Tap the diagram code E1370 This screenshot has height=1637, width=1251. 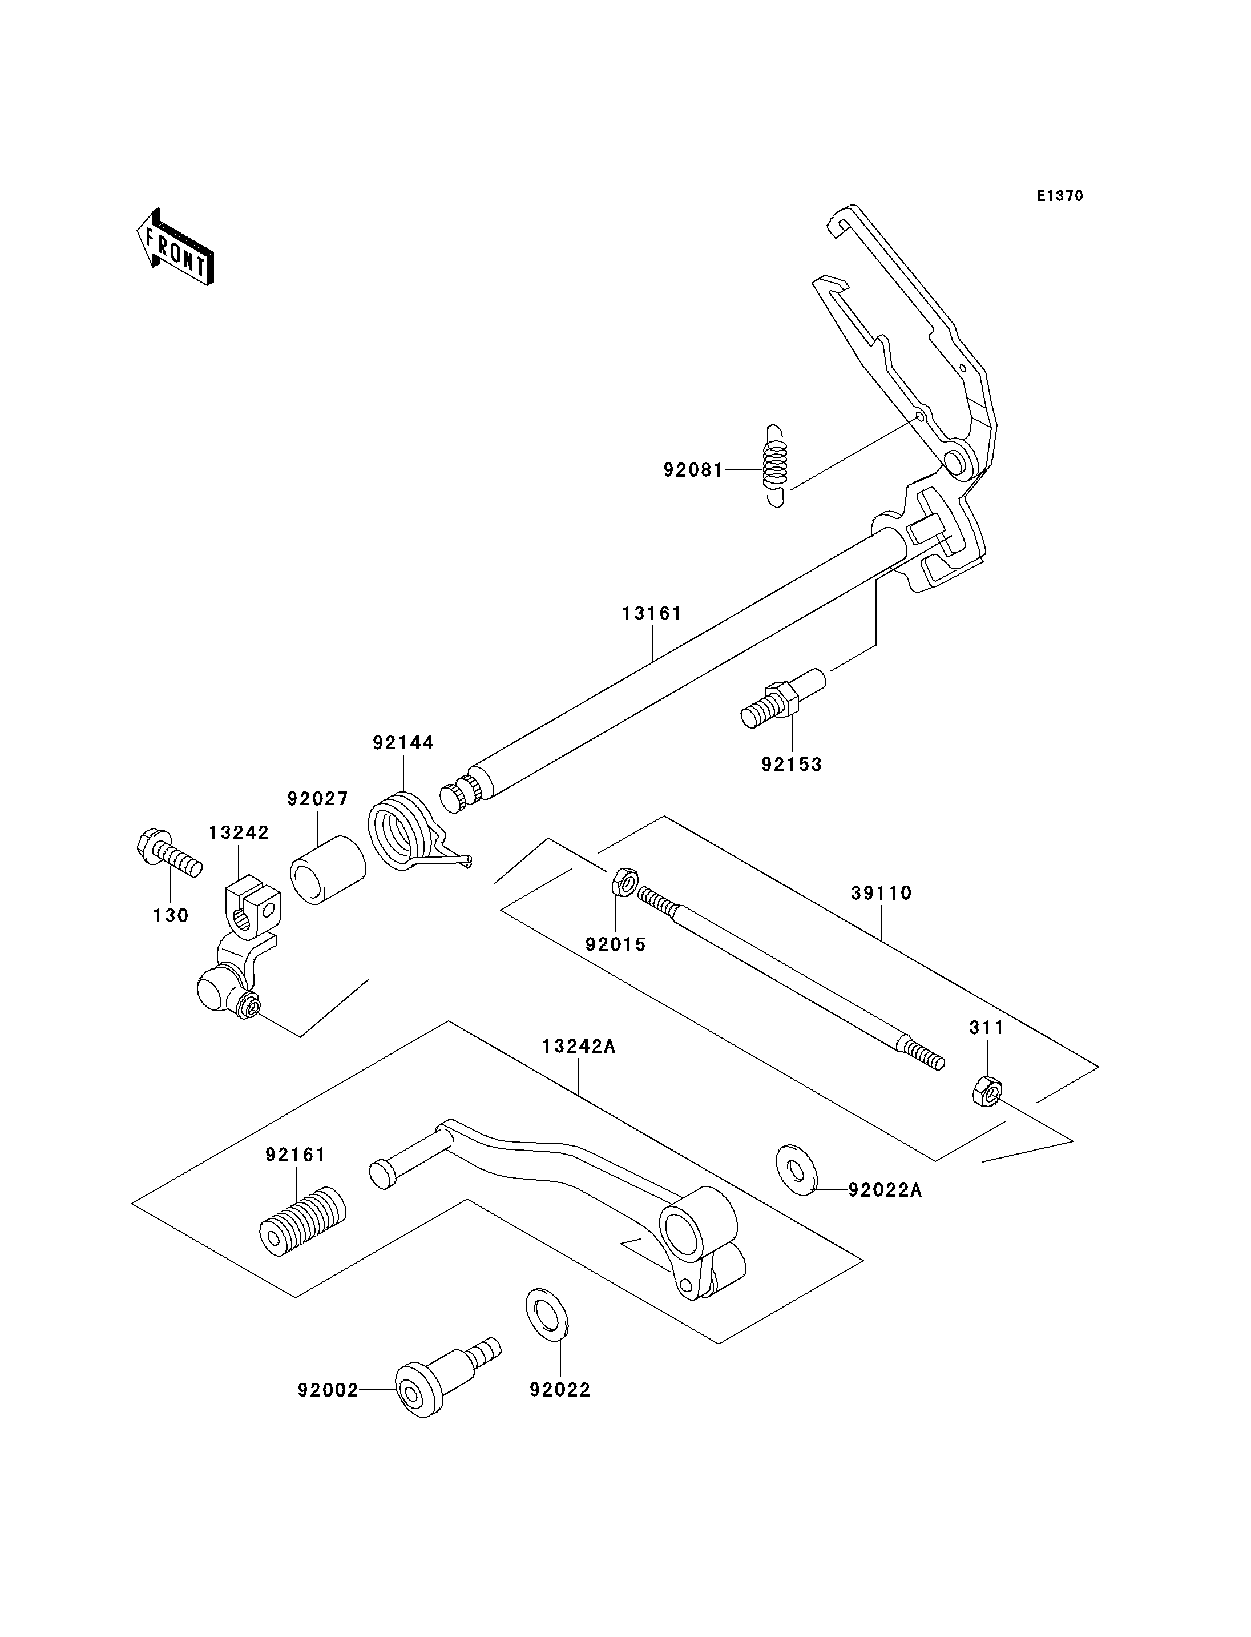click(x=1060, y=196)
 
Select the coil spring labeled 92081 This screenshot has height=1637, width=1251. click(x=775, y=466)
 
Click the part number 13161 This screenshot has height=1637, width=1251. click(x=652, y=613)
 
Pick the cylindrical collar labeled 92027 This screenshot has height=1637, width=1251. click(x=328, y=870)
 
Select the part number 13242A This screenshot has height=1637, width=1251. click(x=579, y=1046)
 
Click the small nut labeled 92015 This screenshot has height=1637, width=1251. click(x=624, y=882)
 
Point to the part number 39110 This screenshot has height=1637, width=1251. click(x=882, y=892)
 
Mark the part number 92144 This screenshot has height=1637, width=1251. click(x=403, y=743)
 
